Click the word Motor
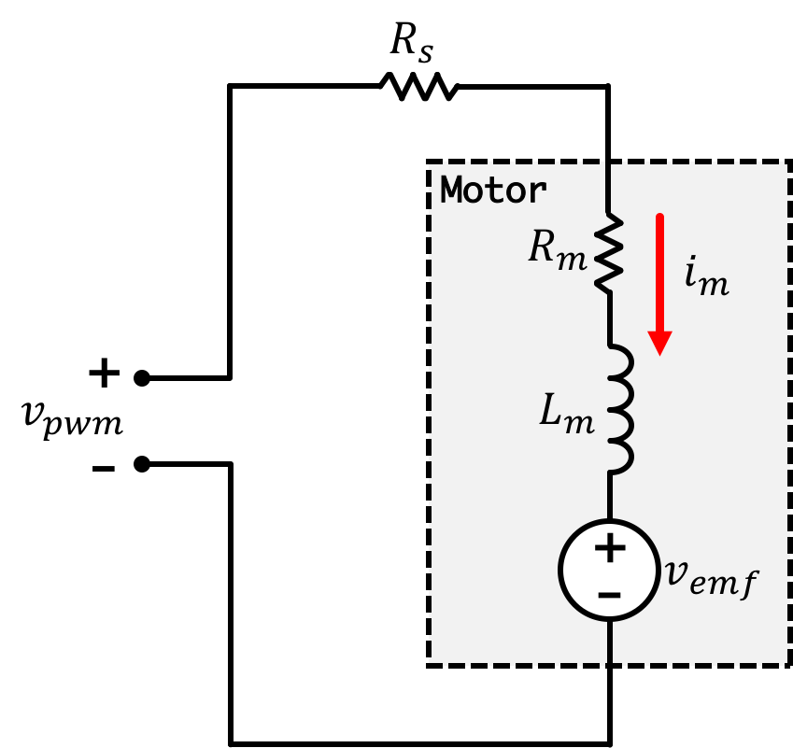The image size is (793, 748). (493, 191)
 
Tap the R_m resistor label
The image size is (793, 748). (558, 250)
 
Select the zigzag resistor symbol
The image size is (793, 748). (609, 253)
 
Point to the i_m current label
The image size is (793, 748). (706, 276)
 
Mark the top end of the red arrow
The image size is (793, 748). (659, 219)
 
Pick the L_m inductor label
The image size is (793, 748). (566, 414)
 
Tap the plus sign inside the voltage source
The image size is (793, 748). (610, 548)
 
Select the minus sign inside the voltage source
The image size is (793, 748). (609, 594)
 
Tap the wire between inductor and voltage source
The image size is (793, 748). (609, 496)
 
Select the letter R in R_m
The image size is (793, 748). (544, 247)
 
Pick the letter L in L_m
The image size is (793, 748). (552, 411)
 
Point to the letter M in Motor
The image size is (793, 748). (452, 191)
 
